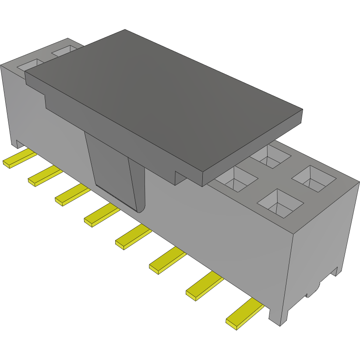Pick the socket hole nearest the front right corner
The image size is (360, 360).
[281, 203]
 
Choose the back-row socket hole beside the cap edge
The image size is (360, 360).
[271, 155]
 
